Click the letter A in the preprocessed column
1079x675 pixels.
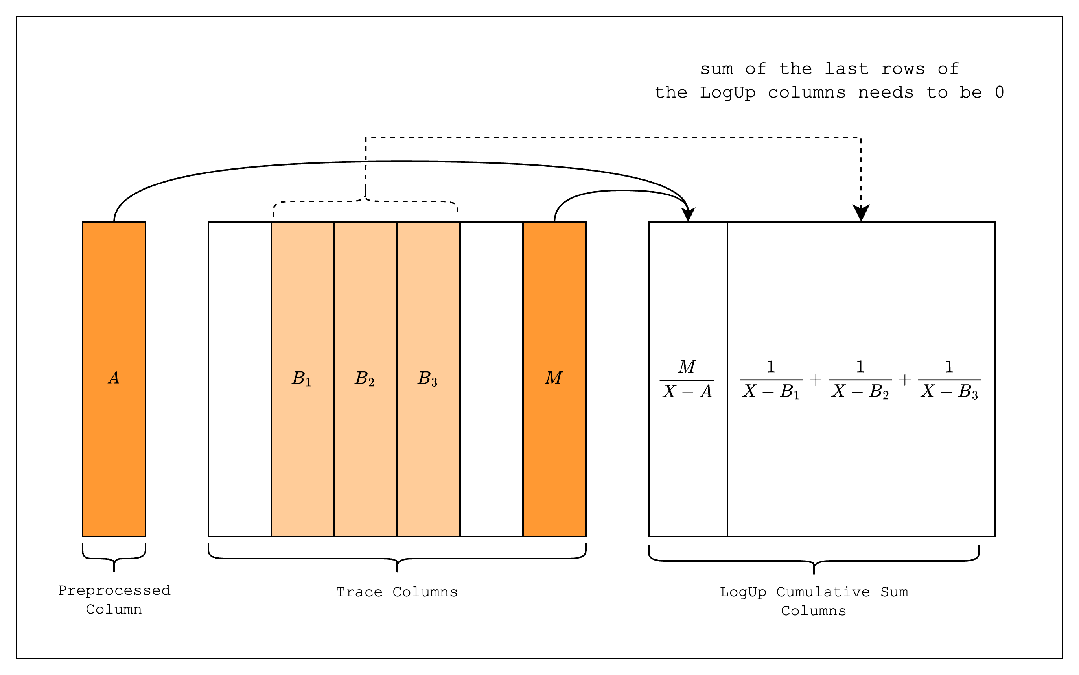pyautogui.click(x=114, y=378)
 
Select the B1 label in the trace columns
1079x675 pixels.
pyautogui.click(x=302, y=378)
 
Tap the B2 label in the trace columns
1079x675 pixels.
pyautogui.click(x=365, y=378)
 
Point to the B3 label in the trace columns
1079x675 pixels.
pyautogui.click(x=427, y=378)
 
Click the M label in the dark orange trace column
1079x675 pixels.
pyautogui.click(x=554, y=378)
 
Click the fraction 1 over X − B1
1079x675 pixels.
pyautogui.click(x=771, y=380)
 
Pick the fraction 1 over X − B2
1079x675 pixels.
pyautogui.click(x=860, y=380)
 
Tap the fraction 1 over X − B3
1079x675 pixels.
pyautogui.click(x=949, y=380)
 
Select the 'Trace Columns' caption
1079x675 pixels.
pyautogui.click(x=397, y=592)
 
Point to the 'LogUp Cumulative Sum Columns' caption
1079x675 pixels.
pyautogui.click(x=814, y=601)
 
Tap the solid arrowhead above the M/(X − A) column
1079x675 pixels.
pyautogui.click(x=689, y=214)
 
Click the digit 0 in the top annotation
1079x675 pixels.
pyautogui.click(x=1000, y=92)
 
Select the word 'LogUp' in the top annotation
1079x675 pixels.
pyautogui.click(x=727, y=92)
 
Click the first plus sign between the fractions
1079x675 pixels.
pyautogui.click(x=816, y=380)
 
